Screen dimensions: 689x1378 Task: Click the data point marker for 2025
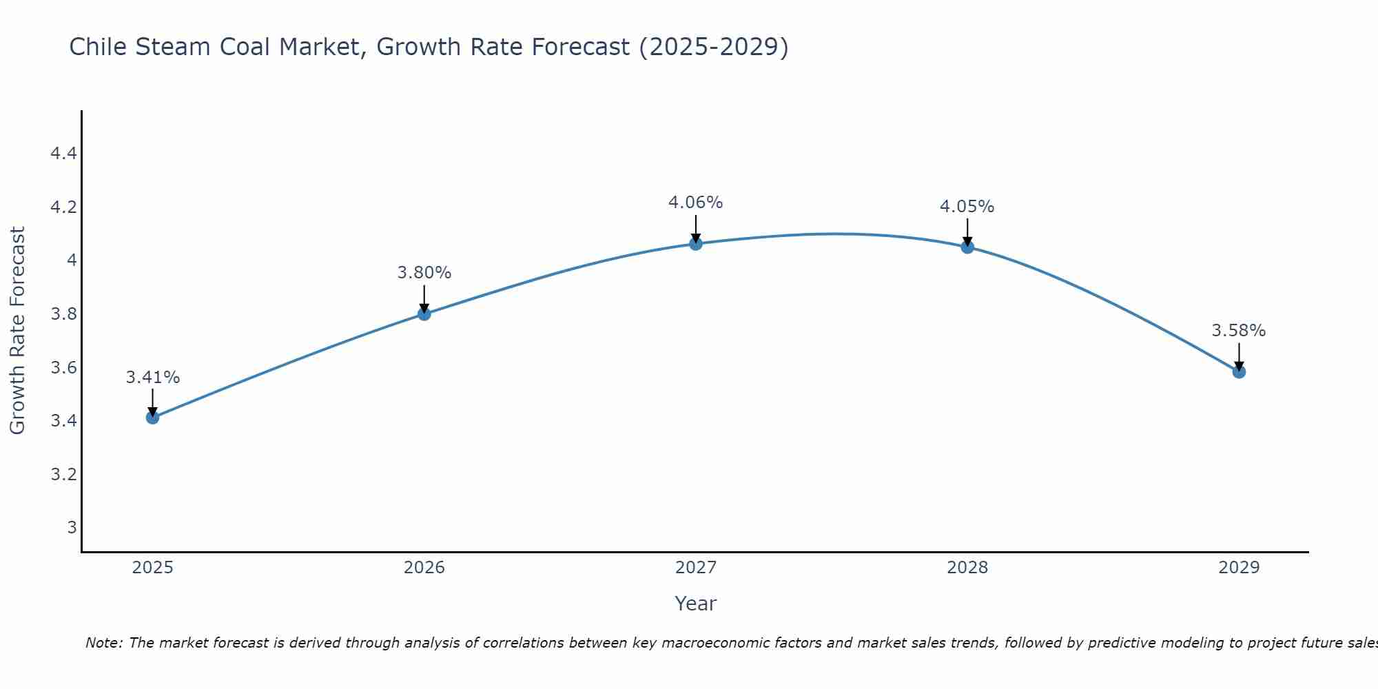[x=152, y=418]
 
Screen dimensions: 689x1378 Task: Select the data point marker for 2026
[x=424, y=314]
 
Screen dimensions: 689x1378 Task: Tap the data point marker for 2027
[x=696, y=244]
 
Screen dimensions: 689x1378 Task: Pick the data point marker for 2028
[x=967, y=247]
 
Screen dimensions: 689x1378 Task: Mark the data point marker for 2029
[x=1239, y=372]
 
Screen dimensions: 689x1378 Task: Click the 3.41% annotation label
[x=152, y=378]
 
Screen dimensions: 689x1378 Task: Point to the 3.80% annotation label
[x=424, y=273]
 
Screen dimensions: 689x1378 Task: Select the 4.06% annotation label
[x=696, y=203]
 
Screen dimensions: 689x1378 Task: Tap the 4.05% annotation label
[x=967, y=207]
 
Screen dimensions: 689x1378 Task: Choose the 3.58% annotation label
[x=1239, y=331]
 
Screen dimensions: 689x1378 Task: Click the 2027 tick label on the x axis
[x=696, y=568]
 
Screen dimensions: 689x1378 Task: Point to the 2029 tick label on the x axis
[x=1239, y=568]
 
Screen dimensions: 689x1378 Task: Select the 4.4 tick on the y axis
[x=63, y=153]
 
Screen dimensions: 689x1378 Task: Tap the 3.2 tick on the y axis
[x=63, y=474]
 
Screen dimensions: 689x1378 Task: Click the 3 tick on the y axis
[x=72, y=528]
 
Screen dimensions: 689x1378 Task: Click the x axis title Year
[x=696, y=604]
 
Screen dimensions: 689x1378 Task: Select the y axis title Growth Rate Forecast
[x=18, y=330]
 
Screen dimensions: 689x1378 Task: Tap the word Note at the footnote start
[x=103, y=643]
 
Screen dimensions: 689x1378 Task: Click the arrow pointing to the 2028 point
[x=967, y=232]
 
